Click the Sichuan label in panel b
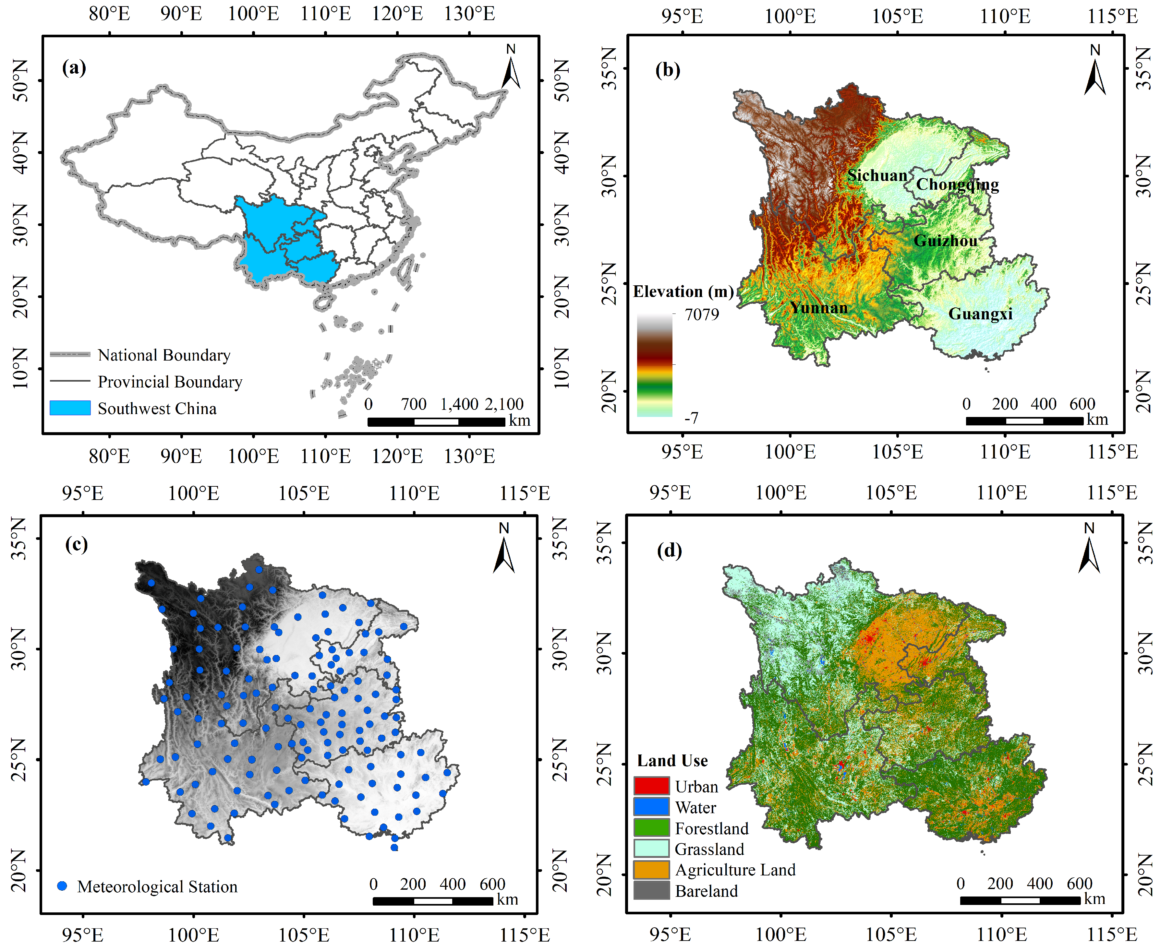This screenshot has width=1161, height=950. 877,176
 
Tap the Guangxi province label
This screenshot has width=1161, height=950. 980,314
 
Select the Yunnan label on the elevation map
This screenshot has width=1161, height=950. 818,308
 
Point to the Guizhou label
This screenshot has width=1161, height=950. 945,241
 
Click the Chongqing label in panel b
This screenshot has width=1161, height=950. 957,185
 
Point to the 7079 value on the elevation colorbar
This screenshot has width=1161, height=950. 702,315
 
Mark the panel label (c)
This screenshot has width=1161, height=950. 76,544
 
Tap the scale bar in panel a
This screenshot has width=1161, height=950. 436,422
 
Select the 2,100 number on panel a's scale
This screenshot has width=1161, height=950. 503,404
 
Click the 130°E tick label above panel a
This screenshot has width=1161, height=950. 469,14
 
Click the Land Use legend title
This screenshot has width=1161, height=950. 672,761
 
